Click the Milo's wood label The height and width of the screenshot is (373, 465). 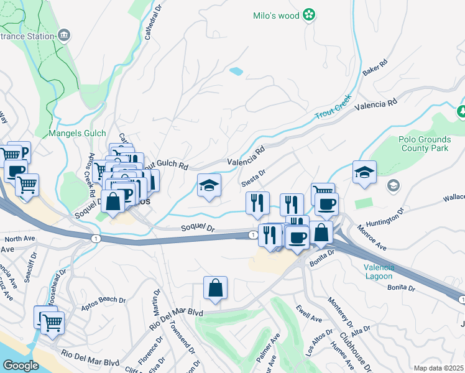pyautogui.click(x=276, y=16)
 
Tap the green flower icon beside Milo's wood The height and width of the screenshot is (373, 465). pyautogui.click(x=308, y=16)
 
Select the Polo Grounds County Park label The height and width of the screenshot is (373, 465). pyautogui.click(x=423, y=144)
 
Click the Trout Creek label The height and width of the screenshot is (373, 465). pyautogui.click(x=333, y=108)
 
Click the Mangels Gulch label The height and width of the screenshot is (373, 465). pyautogui.click(x=78, y=133)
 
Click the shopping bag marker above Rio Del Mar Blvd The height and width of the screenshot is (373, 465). pyautogui.click(x=215, y=288)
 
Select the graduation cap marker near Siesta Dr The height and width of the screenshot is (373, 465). pyautogui.click(x=209, y=185)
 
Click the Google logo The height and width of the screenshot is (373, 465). pyautogui.click(x=21, y=365)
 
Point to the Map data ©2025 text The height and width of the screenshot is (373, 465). pyautogui.click(x=438, y=368)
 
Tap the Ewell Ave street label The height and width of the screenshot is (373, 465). pyautogui.click(x=309, y=315)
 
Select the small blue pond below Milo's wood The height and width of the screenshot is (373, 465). pyautogui.click(x=236, y=71)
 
